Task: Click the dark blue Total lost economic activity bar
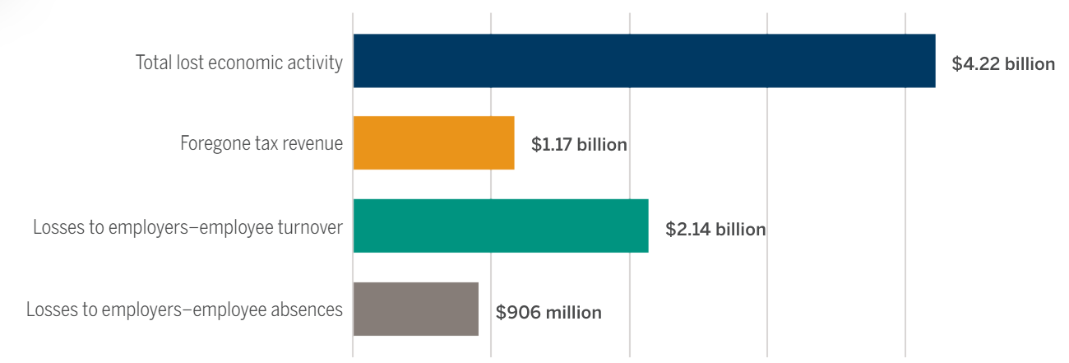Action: (x=644, y=61)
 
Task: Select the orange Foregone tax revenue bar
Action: (x=433, y=143)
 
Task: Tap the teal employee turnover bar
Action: (x=501, y=226)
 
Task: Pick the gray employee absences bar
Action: (x=415, y=309)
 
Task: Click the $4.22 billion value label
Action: (x=1003, y=63)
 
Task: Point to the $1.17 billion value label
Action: (x=579, y=145)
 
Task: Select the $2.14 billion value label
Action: (x=715, y=229)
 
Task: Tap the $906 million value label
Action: (x=548, y=312)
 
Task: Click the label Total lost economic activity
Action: (x=238, y=63)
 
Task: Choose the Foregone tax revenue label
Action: (x=261, y=144)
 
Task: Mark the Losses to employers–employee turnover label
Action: (x=187, y=227)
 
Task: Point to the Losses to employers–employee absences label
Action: (x=184, y=310)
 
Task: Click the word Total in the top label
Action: (x=152, y=63)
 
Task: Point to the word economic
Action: (x=238, y=63)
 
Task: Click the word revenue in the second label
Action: (x=312, y=144)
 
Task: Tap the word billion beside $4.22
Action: (x=1027, y=63)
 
